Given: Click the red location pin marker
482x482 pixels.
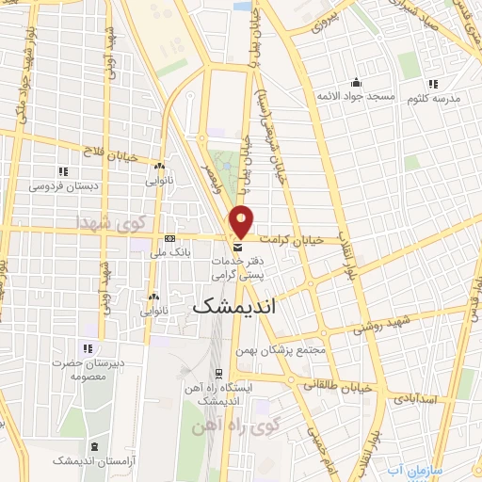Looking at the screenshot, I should [242, 220].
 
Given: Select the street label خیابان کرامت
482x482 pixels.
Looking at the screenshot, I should [292, 240].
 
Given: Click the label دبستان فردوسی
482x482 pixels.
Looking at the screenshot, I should [63, 186].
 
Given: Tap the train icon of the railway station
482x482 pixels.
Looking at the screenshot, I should [217, 373].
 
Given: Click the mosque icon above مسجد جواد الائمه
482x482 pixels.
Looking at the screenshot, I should [356, 82].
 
